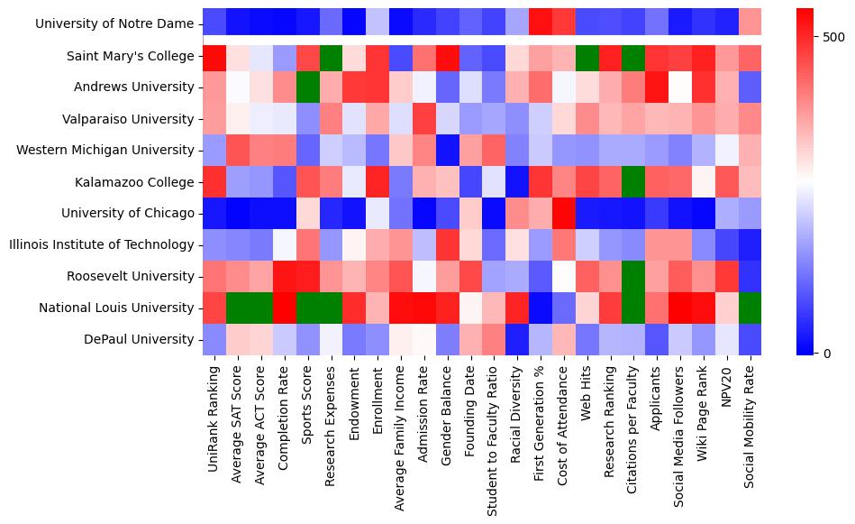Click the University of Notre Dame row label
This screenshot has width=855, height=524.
click(118, 24)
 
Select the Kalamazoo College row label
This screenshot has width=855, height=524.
click(144, 182)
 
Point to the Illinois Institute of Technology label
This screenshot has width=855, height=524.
click(102, 244)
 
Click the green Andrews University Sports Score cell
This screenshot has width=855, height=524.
click(308, 87)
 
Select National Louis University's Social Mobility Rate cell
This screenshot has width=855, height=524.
click(752, 308)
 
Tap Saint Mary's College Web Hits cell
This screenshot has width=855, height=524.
click(589, 56)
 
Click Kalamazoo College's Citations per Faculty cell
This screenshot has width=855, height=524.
click(635, 182)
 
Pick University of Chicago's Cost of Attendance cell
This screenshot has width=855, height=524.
click(566, 213)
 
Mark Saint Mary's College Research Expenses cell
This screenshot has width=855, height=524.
click(332, 56)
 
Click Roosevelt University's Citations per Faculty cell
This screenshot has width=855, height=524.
click(635, 276)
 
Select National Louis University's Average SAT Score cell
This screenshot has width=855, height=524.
click(238, 308)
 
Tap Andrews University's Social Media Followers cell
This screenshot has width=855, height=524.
click(682, 87)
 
